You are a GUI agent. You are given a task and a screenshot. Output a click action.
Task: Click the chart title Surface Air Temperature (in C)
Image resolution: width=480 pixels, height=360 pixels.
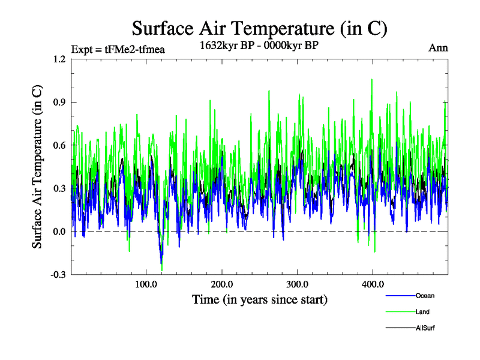click(x=259, y=28)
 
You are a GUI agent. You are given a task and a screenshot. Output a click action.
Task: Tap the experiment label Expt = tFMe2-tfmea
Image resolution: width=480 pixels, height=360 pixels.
click(x=118, y=49)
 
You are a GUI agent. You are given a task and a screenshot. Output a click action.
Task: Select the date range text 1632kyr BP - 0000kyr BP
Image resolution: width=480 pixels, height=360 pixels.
click(x=258, y=45)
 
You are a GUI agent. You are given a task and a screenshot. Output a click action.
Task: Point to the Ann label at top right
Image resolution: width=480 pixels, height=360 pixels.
click(x=438, y=48)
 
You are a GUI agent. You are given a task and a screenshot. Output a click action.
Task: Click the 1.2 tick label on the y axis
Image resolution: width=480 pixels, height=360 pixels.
click(x=59, y=59)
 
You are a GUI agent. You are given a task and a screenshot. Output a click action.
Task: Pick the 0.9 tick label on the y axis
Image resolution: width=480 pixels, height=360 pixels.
click(x=59, y=102)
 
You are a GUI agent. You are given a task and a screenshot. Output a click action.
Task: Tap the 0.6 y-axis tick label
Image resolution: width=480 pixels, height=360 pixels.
click(x=59, y=145)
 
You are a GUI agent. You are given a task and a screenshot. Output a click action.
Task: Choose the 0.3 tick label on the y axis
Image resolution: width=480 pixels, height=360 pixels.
click(x=59, y=188)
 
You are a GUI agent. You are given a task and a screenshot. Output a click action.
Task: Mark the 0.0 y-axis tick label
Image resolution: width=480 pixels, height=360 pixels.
click(x=59, y=232)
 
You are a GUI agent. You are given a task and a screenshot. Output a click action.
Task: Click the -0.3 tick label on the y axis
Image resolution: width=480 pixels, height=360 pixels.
click(x=58, y=275)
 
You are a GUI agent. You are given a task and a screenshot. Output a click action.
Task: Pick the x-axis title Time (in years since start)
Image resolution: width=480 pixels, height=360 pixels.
click(x=259, y=299)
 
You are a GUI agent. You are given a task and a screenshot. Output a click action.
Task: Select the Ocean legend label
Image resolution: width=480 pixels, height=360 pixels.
click(x=424, y=296)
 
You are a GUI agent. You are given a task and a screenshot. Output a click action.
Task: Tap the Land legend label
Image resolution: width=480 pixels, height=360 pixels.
click(x=422, y=312)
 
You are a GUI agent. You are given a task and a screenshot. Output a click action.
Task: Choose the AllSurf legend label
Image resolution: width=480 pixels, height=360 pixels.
click(x=425, y=328)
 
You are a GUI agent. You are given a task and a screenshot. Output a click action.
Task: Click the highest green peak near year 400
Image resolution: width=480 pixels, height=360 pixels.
click(x=372, y=79)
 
